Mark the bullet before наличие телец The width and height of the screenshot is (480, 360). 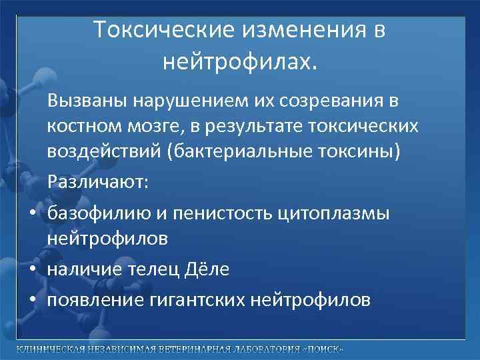click(x=32, y=269)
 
